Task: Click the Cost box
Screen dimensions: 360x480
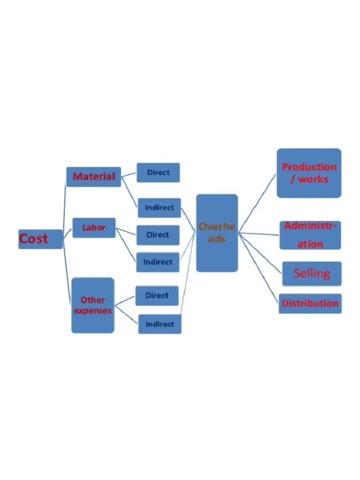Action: [x=40, y=239]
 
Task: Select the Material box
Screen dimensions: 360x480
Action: [x=94, y=177]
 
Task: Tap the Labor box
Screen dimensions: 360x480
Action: [x=94, y=228]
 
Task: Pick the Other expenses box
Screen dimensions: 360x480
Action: [x=93, y=305]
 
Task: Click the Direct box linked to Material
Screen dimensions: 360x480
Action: [x=158, y=172]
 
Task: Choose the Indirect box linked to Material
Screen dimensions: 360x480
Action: [x=159, y=208]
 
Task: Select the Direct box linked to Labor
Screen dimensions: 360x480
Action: [x=157, y=235]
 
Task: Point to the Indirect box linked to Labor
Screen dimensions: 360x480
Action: [x=157, y=262]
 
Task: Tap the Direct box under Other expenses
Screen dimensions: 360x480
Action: [x=157, y=296]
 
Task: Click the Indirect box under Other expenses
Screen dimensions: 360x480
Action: [x=159, y=324]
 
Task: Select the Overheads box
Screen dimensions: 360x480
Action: [x=217, y=233]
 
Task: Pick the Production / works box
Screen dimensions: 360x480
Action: [x=309, y=173]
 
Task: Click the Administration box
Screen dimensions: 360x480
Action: [x=310, y=235]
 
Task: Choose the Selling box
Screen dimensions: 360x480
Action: [x=312, y=273]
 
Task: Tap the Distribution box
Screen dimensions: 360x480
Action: [x=310, y=303]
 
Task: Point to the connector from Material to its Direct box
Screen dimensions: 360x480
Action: [x=129, y=174]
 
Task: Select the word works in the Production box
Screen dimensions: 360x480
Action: [x=313, y=179]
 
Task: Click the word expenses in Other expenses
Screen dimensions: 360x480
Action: [x=93, y=311]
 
